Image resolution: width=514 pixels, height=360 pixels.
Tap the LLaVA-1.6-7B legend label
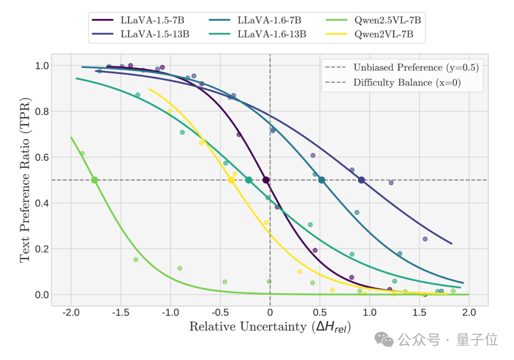pos(269,20)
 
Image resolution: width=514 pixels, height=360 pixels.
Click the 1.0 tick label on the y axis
pos(42,66)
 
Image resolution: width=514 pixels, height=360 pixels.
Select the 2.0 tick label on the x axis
pos(469,313)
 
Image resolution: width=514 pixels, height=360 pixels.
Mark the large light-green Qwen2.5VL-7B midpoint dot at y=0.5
pos(94,180)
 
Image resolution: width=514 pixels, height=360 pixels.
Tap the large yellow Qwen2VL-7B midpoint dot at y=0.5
pos(231,180)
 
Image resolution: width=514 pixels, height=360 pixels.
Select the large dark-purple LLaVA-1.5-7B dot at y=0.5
pos(266,180)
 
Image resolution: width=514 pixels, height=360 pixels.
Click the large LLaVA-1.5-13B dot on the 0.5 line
pos(361,180)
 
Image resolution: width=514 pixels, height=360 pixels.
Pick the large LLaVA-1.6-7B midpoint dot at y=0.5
pos(322,180)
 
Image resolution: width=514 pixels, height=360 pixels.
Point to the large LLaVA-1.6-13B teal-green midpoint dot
pos(248,180)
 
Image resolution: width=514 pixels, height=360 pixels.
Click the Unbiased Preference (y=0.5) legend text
pos(415,68)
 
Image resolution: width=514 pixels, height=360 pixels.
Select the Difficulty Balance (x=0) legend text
pos(407,83)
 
